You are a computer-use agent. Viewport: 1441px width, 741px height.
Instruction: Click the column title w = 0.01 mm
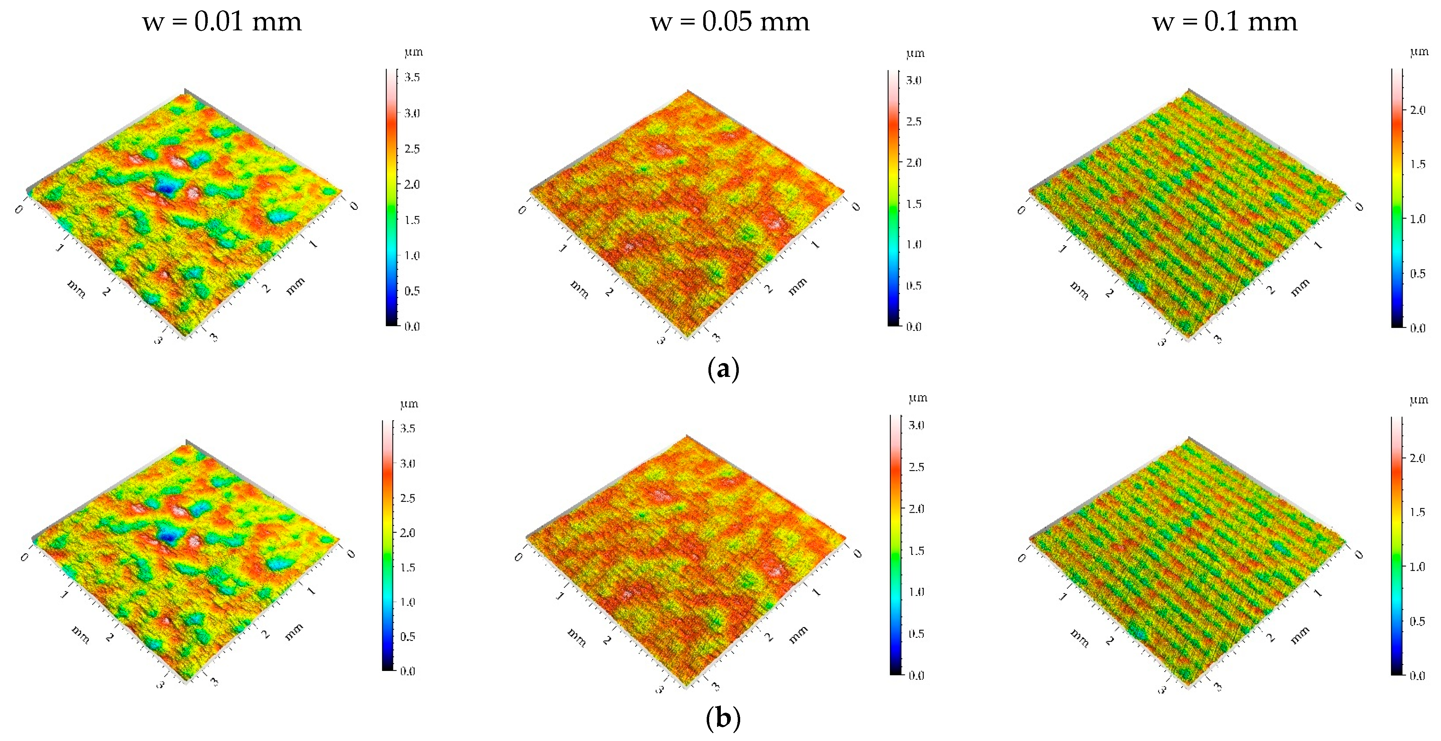coord(222,22)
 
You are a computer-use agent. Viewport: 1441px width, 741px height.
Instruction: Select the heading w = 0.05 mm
coord(729,22)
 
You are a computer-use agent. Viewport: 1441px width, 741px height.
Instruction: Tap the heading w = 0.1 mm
coord(1225,22)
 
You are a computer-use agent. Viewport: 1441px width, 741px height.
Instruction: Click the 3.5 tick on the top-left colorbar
coord(412,77)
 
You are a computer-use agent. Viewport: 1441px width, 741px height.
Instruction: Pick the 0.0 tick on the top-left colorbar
coord(412,326)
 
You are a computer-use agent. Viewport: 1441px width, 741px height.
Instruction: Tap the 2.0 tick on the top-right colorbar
coord(1417,110)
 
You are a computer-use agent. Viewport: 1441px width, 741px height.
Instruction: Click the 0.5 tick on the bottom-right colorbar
coord(1417,621)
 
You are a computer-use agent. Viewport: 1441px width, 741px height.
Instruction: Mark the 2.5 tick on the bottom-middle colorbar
coord(916,467)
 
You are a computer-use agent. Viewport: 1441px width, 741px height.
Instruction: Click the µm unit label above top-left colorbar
coord(413,52)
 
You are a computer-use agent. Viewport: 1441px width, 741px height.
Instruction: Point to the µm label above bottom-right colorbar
coord(1419,400)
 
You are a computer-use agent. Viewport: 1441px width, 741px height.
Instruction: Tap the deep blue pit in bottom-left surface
coord(167,536)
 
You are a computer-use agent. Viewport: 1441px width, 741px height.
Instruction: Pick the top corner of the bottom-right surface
coord(1188,437)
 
